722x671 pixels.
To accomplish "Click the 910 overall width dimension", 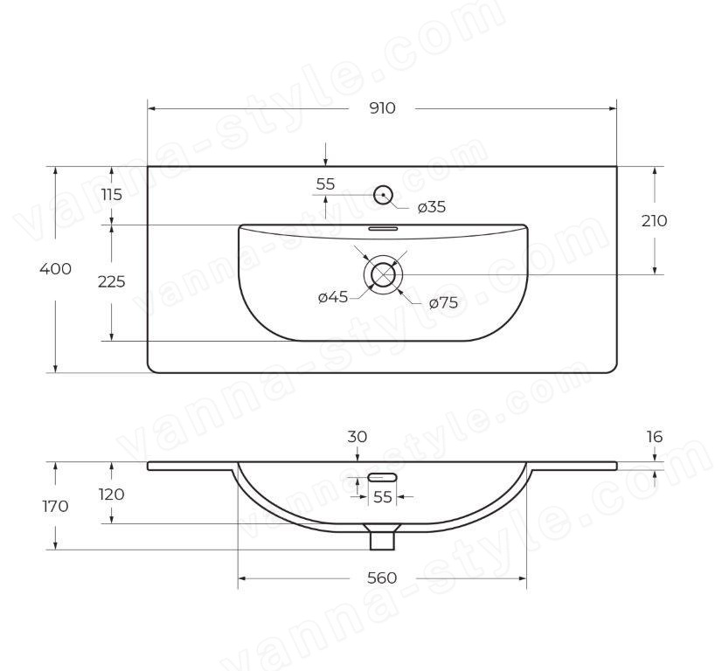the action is pyautogui.click(x=382, y=108).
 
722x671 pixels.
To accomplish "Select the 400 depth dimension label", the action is pyautogui.click(x=55, y=269).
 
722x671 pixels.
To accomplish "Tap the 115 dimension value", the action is pyautogui.click(x=111, y=195).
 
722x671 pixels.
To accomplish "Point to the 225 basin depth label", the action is pyautogui.click(x=111, y=281).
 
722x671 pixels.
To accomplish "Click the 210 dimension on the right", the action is pyautogui.click(x=655, y=221).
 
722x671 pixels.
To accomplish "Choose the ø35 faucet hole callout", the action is pyautogui.click(x=432, y=207).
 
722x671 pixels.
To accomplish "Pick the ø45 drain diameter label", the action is pyautogui.click(x=333, y=297).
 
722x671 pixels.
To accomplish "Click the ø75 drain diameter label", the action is pyautogui.click(x=443, y=303).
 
